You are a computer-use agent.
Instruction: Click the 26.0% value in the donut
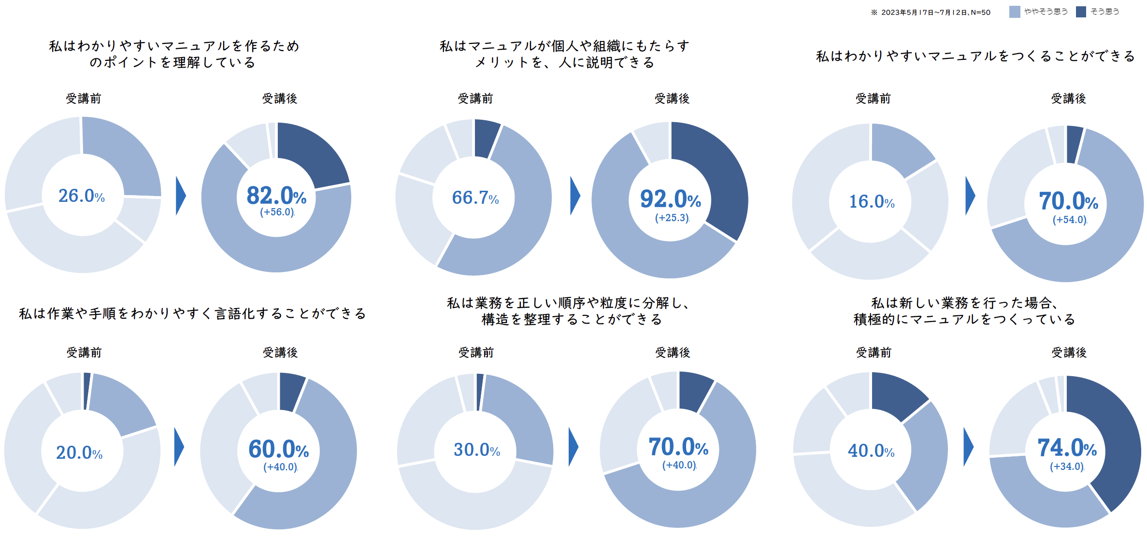[82, 196]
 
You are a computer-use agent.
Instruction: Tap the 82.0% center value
[276, 196]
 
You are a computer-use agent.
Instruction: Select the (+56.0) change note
[277, 212]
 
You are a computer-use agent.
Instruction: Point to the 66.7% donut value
[475, 198]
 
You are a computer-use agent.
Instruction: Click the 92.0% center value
[670, 199]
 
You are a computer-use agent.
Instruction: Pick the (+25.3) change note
[672, 218]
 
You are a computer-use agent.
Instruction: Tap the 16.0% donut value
[872, 201]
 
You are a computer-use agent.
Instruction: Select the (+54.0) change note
[1070, 220]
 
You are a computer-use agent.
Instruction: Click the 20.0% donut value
[79, 452]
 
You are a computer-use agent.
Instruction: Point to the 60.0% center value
[278, 449]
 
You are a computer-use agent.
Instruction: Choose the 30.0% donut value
[476, 450]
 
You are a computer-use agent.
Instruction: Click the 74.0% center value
[1067, 448]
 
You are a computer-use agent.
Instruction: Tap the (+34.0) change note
[1067, 466]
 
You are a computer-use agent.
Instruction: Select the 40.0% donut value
[871, 451]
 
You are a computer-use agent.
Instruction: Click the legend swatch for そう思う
[1081, 12]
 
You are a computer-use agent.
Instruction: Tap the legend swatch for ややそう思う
[1015, 12]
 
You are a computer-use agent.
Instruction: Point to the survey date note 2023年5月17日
[931, 12]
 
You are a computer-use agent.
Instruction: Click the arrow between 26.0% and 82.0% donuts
[181, 196]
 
